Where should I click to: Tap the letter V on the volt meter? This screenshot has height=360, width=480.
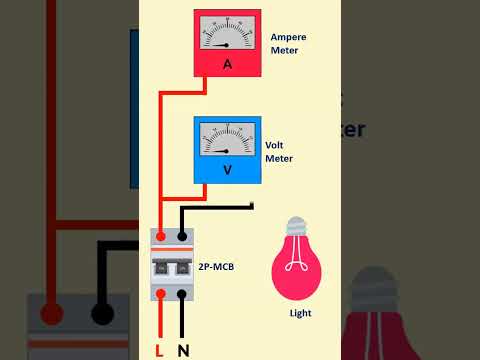tap(227, 170)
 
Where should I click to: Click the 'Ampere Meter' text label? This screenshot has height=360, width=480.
tap(288, 44)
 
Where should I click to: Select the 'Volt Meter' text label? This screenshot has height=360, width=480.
tap(279, 151)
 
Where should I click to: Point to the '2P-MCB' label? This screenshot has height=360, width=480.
tap(219, 269)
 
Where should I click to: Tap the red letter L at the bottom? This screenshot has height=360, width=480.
tap(159, 349)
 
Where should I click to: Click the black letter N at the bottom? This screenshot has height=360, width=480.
tap(183, 349)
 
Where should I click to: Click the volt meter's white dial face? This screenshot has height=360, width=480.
tap(227, 138)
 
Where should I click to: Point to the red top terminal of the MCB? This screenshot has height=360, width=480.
tap(160, 237)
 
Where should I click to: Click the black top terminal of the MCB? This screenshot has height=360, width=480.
tap(182, 237)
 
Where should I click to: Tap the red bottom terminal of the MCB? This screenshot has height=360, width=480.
tap(160, 294)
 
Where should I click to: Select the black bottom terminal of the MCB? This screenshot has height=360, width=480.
tap(182, 294)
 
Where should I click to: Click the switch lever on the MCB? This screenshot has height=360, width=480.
tap(171, 269)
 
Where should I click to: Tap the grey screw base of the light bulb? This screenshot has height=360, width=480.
tap(296, 226)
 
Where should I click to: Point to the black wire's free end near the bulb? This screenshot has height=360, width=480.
tap(251, 207)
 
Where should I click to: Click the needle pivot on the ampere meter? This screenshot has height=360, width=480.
tap(227, 45)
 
